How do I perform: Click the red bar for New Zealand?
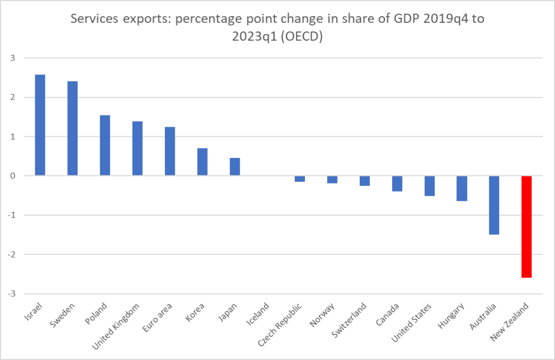pyautogui.click(x=527, y=226)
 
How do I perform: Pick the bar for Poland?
pyautogui.click(x=105, y=145)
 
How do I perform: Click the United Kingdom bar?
pyautogui.click(x=137, y=148)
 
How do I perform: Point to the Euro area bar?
pyautogui.click(x=170, y=151)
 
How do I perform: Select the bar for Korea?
pyautogui.click(x=202, y=162)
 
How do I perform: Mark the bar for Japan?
pyautogui.click(x=235, y=167)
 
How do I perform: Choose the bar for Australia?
pyautogui.click(x=494, y=205)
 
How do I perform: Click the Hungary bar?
pyautogui.click(x=462, y=188)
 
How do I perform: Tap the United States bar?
pyautogui.click(x=429, y=186)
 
